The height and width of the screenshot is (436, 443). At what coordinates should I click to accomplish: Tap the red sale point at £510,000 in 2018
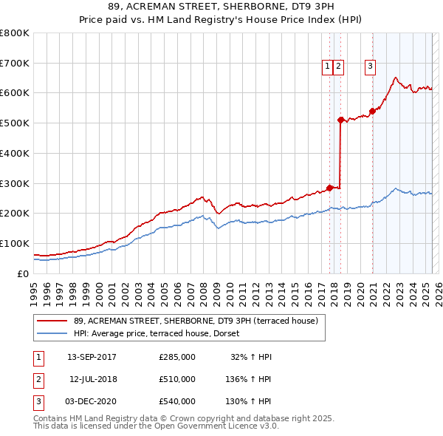340,120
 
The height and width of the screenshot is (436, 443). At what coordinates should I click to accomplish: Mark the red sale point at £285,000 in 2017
329,187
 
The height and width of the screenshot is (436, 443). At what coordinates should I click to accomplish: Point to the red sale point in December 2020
372,111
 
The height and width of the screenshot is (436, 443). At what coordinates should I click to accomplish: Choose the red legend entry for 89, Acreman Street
195,321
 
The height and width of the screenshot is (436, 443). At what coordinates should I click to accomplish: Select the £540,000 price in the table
177,401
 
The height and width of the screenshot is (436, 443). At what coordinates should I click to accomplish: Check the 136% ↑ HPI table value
249,379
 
